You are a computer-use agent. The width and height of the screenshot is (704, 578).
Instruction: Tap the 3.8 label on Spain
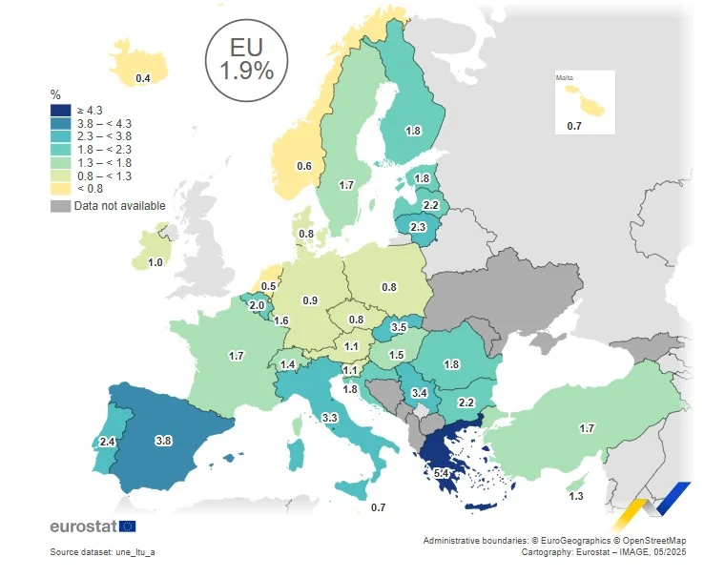[x=163, y=441]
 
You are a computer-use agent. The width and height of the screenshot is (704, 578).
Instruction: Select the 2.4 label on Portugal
[x=106, y=443]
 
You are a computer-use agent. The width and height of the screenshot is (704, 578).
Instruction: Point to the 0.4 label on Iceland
[x=142, y=77]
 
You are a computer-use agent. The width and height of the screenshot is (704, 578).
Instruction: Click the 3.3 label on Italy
[x=330, y=417]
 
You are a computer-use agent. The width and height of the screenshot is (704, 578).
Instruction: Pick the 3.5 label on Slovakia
[x=399, y=327]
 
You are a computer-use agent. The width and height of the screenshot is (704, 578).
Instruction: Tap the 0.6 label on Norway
[x=304, y=166]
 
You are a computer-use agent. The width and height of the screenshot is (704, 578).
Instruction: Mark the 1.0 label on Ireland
[x=155, y=262]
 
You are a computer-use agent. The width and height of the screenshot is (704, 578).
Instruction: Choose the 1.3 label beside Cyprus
[x=576, y=497]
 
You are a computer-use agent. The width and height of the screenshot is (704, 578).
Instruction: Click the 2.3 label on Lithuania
[x=418, y=227]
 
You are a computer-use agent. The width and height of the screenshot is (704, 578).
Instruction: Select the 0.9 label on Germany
[x=310, y=300]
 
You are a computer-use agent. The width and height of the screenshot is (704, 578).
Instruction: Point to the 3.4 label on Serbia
[x=418, y=393]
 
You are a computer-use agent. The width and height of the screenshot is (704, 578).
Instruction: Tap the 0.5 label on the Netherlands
[x=269, y=286]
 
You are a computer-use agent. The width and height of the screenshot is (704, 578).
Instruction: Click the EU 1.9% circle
[x=246, y=59]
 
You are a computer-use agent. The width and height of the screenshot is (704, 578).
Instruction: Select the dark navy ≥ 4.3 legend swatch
[x=59, y=111]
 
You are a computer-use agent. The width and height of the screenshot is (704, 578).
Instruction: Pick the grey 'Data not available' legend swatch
[x=59, y=205]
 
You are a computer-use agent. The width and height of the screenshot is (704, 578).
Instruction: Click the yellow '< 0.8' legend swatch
[x=59, y=189]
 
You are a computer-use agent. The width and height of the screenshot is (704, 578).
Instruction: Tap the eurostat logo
[x=93, y=526]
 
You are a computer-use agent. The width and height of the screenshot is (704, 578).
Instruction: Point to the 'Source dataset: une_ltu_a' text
[x=103, y=552]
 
